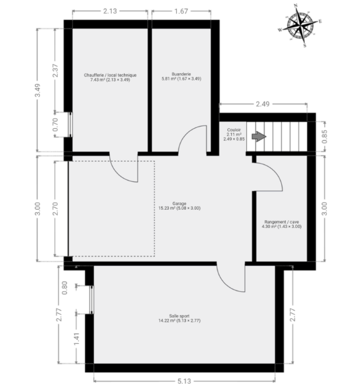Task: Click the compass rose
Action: pos(300,25)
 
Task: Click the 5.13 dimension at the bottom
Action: pos(184,381)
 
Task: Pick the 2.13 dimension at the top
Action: pos(110,11)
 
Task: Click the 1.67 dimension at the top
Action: pos(181,11)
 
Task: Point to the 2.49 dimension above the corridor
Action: pos(262,104)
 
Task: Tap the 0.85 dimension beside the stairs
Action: pos(324,136)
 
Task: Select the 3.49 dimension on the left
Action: pos(37,90)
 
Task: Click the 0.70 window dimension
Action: pos(55,125)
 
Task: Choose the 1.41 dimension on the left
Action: pos(76,339)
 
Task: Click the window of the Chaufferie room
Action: pos(70,124)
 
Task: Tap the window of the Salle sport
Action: pos(92,299)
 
